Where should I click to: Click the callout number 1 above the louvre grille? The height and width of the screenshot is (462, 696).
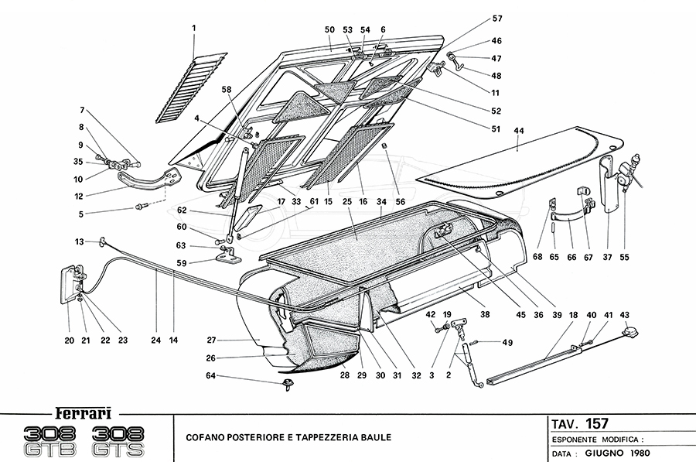194,29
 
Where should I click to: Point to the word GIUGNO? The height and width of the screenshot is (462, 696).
602,453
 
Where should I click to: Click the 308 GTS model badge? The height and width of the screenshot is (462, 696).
123,440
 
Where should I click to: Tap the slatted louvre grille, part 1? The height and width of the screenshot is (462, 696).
189,87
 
